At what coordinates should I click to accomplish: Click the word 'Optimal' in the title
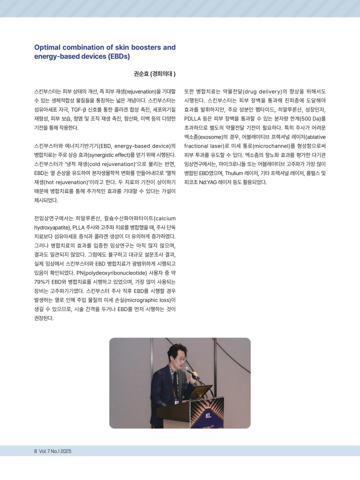[x=48, y=47]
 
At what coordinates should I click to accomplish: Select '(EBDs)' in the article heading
[x=116, y=56]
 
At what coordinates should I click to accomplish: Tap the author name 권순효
[x=141, y=74]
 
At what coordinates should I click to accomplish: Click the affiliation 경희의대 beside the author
[x=164, y=74]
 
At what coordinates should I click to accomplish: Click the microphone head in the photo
[x=186, y=369]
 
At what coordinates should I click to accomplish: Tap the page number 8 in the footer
[x=35, y=450]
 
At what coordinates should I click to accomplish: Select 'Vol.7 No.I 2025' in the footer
[x=55, y=450]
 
